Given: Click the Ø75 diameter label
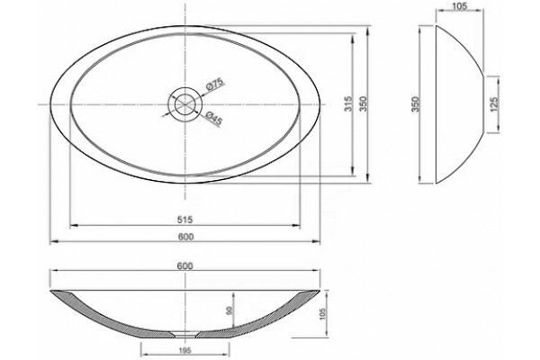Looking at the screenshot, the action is point(216,84).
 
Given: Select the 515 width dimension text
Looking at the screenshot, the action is point(184,220).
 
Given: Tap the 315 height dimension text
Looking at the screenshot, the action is point(349,103).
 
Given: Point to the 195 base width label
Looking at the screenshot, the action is point(184,351).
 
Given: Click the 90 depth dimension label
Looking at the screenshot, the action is point(229,310).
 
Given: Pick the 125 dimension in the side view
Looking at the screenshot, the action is point(494,104).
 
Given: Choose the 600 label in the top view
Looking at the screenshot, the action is point(186,237).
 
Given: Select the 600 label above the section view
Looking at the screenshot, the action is point(185,266).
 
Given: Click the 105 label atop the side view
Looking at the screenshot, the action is point(459,6).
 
